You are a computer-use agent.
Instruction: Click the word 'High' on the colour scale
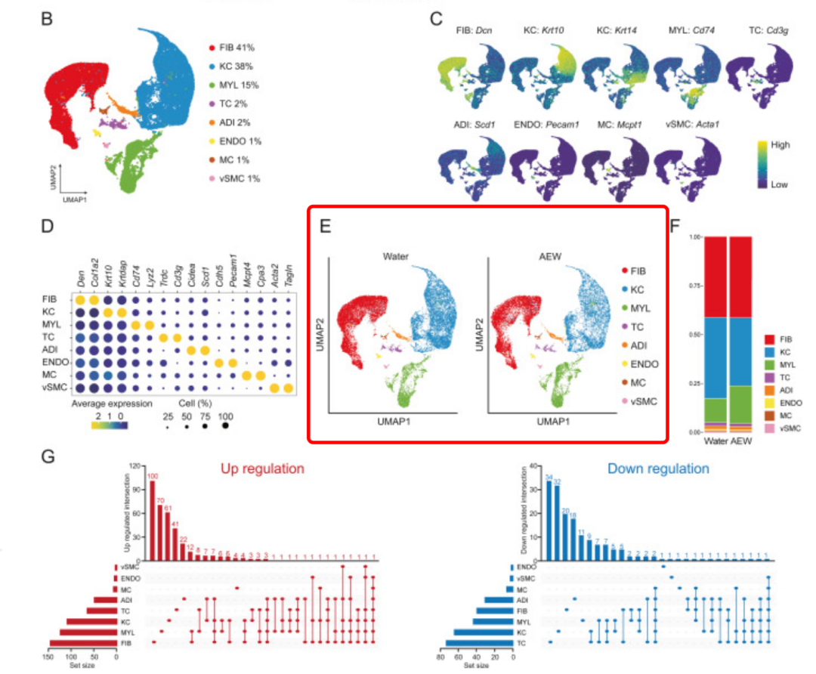pyautogui.click(x=780, y=144)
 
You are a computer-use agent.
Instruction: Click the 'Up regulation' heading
pyautogui.click(x=262, y=469)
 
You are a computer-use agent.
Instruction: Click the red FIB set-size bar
pyautogui.click(x=83, y=643)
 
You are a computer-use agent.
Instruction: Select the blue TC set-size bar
pyautogui.click(x=479, y=643)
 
